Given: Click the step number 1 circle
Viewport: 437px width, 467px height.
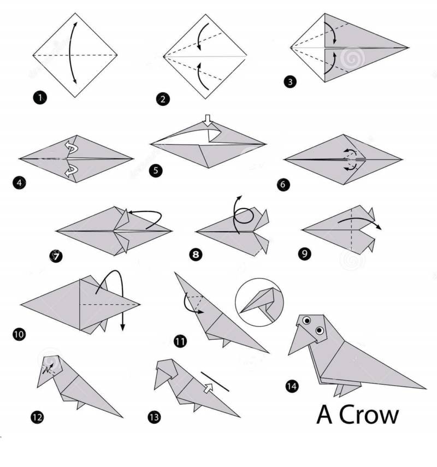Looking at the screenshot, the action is (40, 97).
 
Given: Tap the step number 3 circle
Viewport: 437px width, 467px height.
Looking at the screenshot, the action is (290, 81).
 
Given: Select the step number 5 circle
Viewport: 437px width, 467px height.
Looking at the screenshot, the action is (156, 170).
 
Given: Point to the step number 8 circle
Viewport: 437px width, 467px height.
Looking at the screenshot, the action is (196, 255).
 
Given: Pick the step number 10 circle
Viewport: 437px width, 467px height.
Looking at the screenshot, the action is (19, 334).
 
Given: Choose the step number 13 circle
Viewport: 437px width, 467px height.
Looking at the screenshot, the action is (154, 417).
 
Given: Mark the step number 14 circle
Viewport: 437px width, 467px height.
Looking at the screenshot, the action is (292, 386).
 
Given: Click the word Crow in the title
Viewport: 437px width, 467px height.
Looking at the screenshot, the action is (369, 415).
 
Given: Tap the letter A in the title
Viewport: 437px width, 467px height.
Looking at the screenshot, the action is (324, 415).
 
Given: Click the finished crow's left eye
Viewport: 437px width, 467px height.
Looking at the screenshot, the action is (306, 321).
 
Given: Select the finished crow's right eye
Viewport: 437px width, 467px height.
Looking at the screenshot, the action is (320, 330).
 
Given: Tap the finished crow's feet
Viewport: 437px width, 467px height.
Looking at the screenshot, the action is (346, 390).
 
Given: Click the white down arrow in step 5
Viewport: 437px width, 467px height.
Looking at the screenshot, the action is (208, 120).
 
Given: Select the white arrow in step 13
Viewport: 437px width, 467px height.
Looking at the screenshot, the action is (209, 388).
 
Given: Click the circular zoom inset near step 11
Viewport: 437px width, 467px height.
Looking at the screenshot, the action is (259, 302).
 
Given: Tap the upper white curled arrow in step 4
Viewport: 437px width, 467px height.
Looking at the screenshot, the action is (71, 146).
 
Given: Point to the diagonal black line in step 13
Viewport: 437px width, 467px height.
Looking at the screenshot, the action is (215, 381).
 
